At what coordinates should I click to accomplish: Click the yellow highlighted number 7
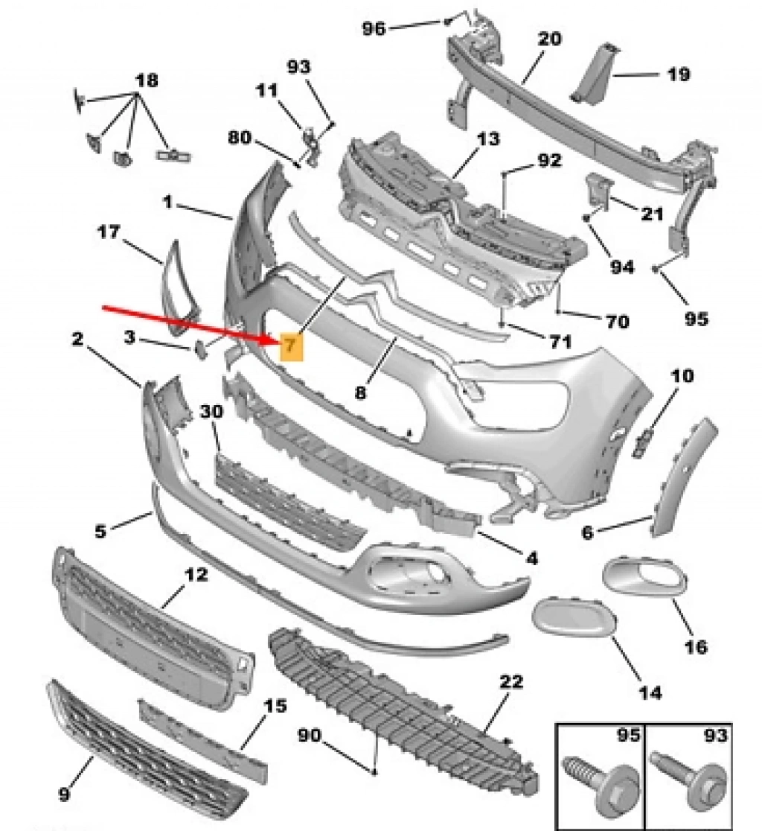(x=290, y=346)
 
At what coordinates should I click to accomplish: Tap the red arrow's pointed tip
(x=278, y=340)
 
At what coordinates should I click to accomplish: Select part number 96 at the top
(x=374, y=28)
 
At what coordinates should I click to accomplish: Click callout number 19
(x=678, y=74)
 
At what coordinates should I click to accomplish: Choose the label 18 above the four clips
(x=147, y=80)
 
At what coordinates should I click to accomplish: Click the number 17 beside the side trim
(x=108, y=232)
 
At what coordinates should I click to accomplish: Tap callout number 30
(x=212, y=413)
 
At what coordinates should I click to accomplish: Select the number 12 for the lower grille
(x=197, y=575)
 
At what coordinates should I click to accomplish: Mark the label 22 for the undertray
(x=511, y=681)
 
